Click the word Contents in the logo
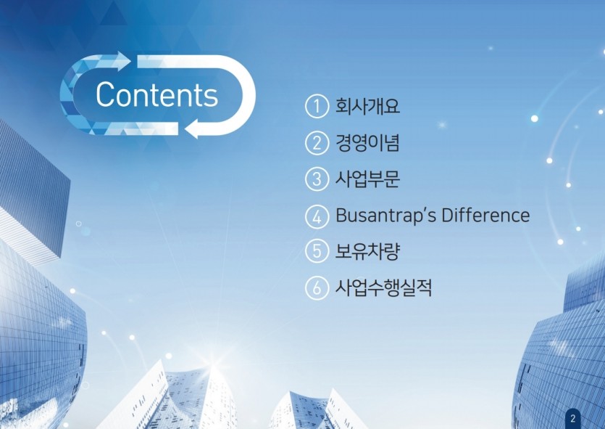157,94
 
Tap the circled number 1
317,106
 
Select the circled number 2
317,143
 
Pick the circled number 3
317,179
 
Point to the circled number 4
317,216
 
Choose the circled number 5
317,251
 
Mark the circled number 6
317,288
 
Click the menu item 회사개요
367,106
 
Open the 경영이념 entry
367,142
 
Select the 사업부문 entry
367,179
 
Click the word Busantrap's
385,216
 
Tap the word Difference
485,215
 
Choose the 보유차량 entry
367,251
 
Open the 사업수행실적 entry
383,287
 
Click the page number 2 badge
573,418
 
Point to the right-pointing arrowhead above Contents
122,61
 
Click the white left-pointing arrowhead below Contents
192,128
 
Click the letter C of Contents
104,94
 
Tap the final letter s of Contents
212,98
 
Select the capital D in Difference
448,215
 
